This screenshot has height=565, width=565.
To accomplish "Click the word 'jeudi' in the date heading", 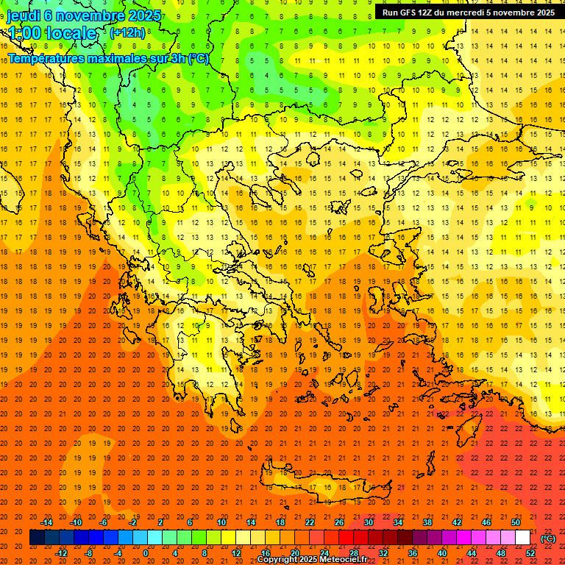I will point(24,15).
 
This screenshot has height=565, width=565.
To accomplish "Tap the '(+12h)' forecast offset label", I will point(127,32).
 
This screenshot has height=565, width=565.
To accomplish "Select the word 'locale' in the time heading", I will point(71,33).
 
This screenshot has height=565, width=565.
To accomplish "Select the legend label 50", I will point(516,522).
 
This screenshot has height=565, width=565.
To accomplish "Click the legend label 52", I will point(530,553).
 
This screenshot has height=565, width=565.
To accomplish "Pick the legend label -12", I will point(62,553).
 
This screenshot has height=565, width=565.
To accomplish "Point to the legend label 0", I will point(146,553).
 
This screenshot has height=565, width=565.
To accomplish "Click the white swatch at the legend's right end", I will point(523,538).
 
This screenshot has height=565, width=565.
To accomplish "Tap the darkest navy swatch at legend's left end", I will point(37,538).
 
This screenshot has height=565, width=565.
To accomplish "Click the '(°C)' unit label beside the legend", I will point(548,539).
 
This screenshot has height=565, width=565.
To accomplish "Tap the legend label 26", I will point(339,522).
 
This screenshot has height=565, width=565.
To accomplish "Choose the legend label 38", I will point(427,522).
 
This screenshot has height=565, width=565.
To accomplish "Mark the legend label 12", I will point(236,553).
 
